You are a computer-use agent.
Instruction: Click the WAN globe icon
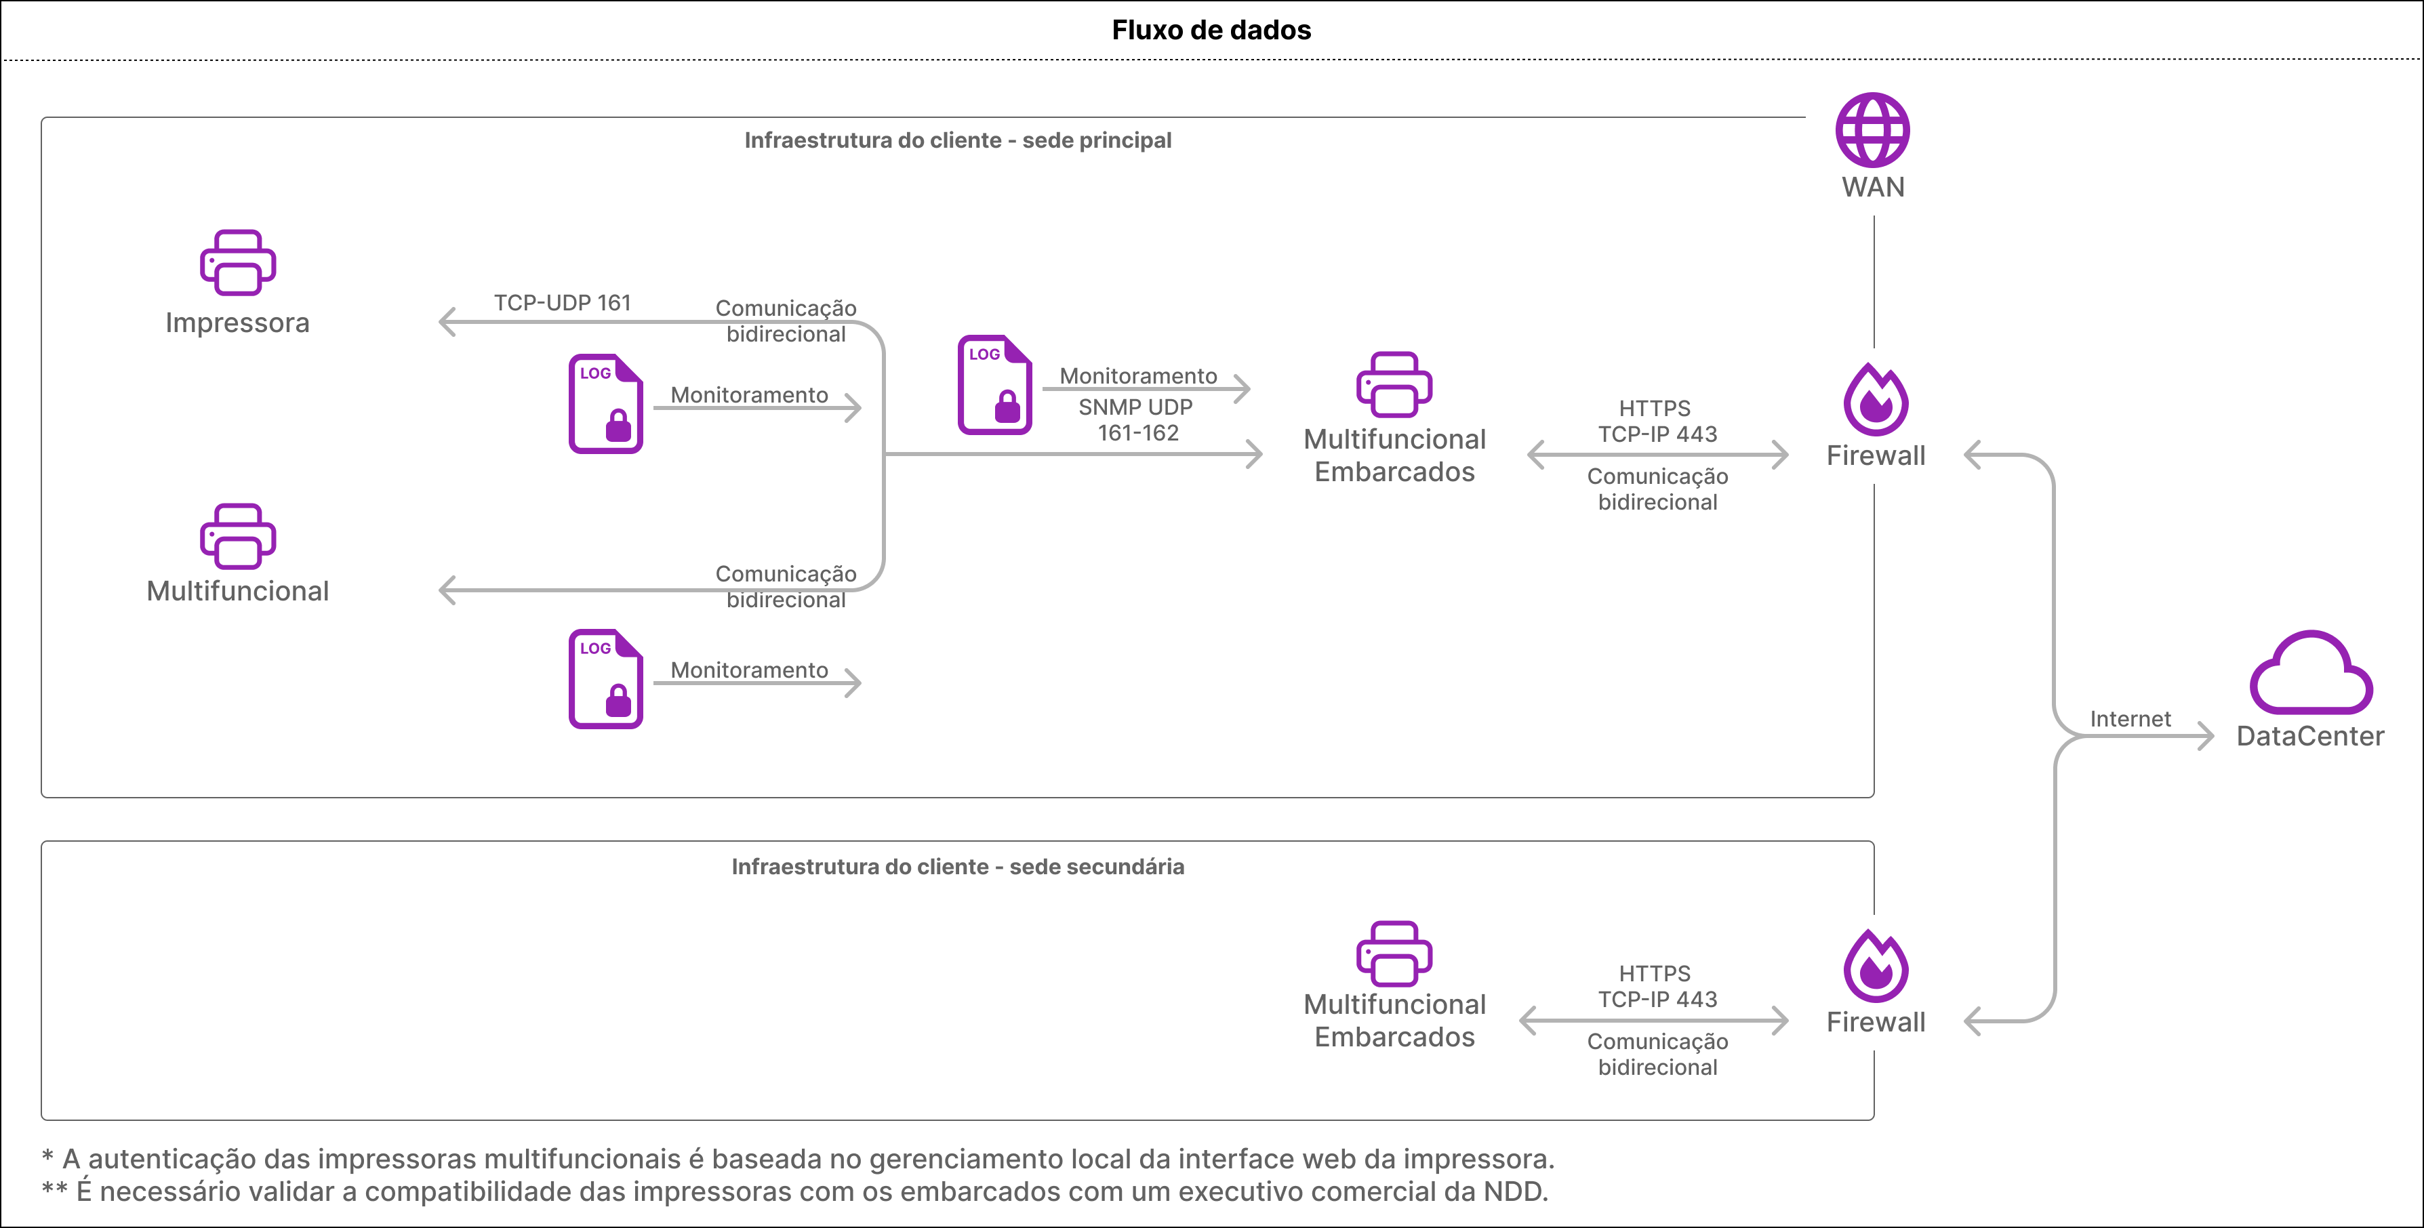coord(1873,130)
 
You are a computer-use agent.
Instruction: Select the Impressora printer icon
coord(237,262)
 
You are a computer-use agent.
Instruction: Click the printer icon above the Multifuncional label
coord(237,536)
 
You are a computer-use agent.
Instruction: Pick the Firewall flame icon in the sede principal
coord(1876,399)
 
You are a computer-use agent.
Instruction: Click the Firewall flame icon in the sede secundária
coord(1876,966)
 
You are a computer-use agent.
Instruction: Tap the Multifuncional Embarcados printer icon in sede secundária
coord(1394,954)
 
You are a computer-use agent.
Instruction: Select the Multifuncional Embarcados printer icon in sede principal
coord(1394,384)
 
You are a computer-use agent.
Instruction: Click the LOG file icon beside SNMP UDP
coord(994,384)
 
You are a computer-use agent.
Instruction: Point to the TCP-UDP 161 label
coord(563,303)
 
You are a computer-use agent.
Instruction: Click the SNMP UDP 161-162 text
coord(1137,419)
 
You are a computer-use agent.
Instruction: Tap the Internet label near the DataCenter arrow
coord(2130,719)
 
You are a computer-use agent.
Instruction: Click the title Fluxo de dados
coord(1211,30)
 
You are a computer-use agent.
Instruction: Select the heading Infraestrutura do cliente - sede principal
coord(958,140)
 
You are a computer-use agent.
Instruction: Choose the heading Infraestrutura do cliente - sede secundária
coord(958,867)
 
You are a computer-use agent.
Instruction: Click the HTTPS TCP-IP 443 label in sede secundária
coord(1657,986)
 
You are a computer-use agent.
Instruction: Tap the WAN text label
coord(1873,187)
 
